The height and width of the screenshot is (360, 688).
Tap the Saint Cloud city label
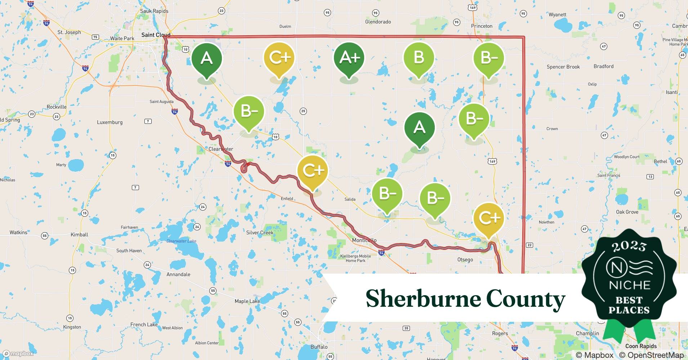click(x=156, y=35)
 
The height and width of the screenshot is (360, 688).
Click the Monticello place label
click(x=364, y=240)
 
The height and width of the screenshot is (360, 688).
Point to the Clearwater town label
click(x=221, y=149)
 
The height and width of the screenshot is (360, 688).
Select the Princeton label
click(x=482, y=26)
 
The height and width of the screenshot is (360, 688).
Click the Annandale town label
click(x=178, y=274)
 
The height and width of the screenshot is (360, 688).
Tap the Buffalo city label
click(x=319, y=347)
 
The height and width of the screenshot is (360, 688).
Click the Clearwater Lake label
click(x=181, y=241)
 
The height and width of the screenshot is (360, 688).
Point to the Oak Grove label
click(x=627, y=212)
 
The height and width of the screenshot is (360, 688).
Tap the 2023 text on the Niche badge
click(x=629, y=247)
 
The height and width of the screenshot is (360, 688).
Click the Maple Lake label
click(x=247, y=301)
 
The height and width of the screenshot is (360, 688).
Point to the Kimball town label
click(x=79, y=234)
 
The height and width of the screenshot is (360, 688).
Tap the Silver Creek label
click(x=260, y=233)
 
